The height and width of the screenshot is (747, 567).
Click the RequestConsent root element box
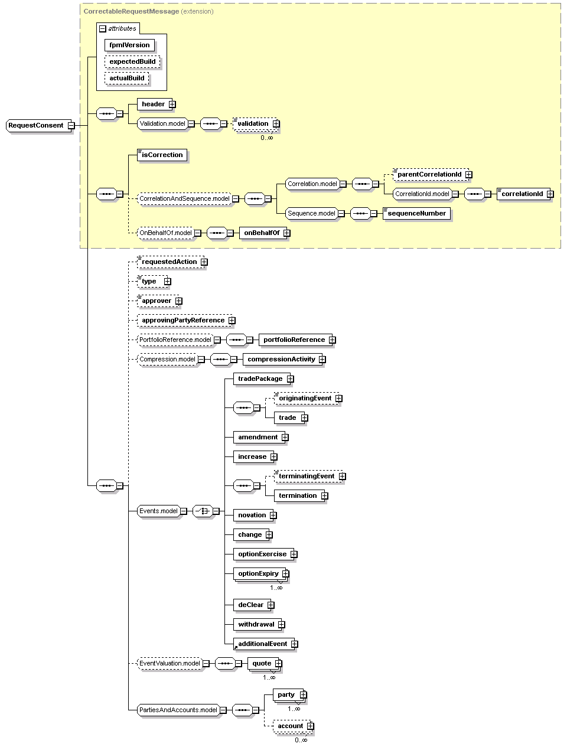(x=38, y=125)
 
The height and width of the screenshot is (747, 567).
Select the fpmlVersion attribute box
(x=129, y=45)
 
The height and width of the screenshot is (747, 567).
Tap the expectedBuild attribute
(x=132, y=61)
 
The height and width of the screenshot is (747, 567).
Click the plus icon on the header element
(x=172, y=104)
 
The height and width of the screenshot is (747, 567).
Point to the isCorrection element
(x=162, y=155)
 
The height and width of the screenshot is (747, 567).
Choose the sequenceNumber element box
(x=416, y=213)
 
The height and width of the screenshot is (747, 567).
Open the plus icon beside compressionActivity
(x=322, y=360)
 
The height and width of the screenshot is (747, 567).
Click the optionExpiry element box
(x=261, y=573)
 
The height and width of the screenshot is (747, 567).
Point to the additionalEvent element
(x=264, y=644)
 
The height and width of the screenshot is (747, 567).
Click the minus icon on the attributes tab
(x=102, y=28)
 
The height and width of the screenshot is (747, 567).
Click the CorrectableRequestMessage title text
(x=131, y=11)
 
